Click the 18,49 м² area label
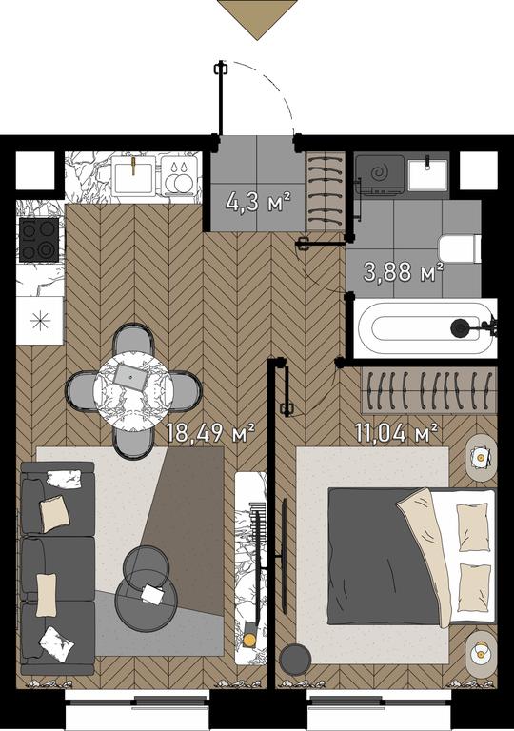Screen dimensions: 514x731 tap(210, 433)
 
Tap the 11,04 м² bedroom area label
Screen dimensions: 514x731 tap(396, 433)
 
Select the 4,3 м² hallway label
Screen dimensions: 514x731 tap(258, 202)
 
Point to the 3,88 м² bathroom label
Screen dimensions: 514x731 tap(403, 272)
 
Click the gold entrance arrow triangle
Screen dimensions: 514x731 tap(257, 18)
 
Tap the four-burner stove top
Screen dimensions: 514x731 tap(39, 240)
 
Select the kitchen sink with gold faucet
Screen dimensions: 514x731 tap(133, 175)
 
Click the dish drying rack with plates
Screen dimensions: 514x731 tap(181, 175)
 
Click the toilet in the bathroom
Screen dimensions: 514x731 tap(460, 249)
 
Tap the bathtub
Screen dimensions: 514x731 tap(425, 328)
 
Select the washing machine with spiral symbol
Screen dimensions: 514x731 tap(380, 174)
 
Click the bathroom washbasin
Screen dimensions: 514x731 tap(427, 174)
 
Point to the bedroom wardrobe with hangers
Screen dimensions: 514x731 tap(428, 390)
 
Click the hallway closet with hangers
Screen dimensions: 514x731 tap(325, 190)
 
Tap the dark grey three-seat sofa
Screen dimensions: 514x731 tap(58, 569)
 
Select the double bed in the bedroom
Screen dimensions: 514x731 tap(411, 556)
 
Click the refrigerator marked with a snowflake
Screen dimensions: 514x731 tap(40, 321)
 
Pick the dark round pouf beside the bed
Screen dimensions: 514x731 tap(295, 660)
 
